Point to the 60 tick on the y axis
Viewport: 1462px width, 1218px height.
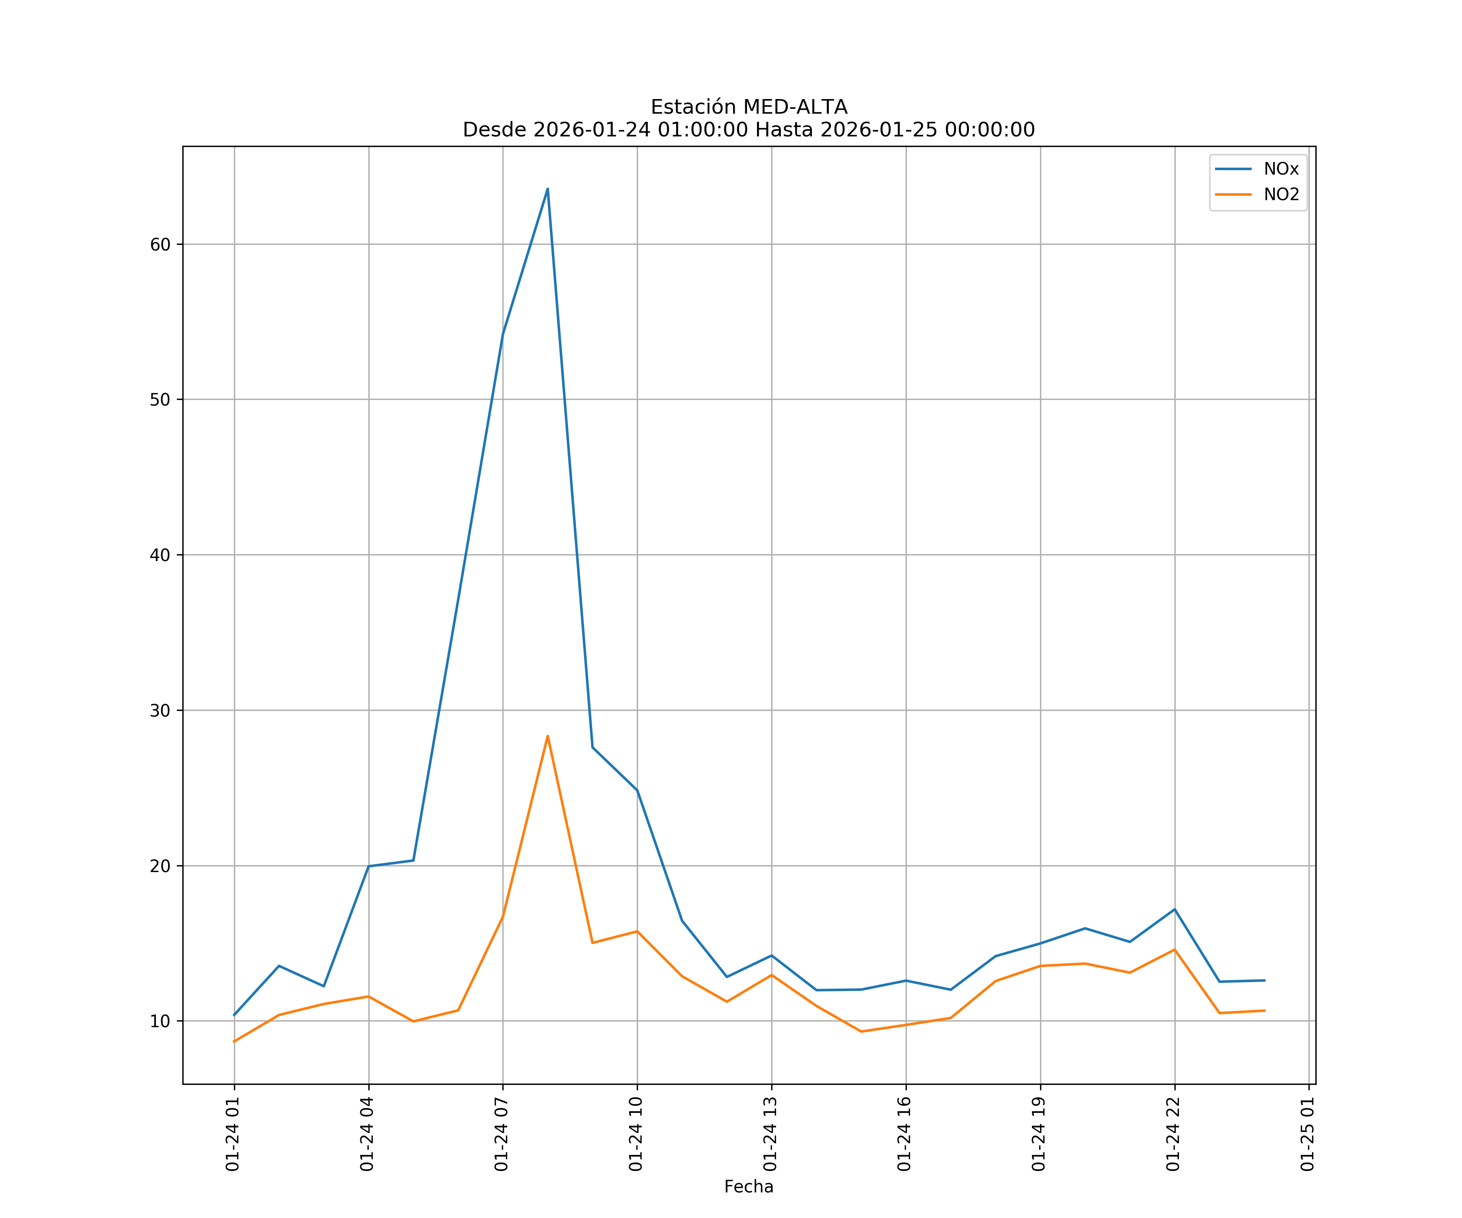(x=160, y=244)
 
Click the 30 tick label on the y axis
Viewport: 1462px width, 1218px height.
(x=160, y=710)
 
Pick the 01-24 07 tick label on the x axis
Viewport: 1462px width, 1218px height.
(x=501, y=1134)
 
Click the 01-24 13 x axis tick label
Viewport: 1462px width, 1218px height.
(x=770, y=1134)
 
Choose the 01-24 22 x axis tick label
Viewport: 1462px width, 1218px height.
(x=1173, y=1134)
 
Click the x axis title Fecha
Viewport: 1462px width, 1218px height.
(x=748, y=1187)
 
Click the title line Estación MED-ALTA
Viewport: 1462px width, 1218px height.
(x=748, y=107)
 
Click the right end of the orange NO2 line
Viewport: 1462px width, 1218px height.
(x=1264, y=1011)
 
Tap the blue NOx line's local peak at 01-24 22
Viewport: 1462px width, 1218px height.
(x=1174, y=909)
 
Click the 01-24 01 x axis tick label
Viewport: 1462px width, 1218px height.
(x=233, y=1134)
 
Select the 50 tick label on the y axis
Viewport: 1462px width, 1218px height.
(x=160, y=400)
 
